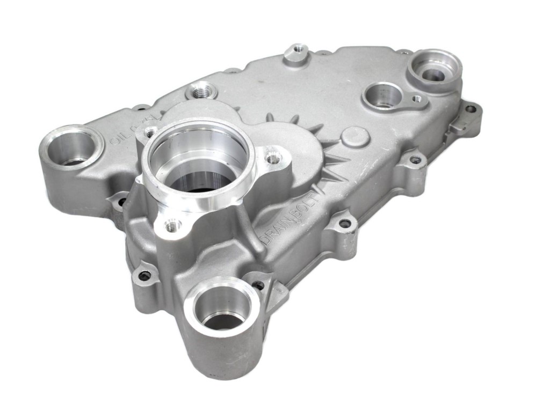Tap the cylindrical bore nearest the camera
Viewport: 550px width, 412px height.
(x=221, y=306)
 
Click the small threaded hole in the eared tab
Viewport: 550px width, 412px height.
(x=417, y=99)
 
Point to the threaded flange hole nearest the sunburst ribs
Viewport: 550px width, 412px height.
(x=274, y=158)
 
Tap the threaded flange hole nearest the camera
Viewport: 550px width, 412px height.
(x=172, y=226)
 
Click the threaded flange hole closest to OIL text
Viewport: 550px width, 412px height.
(x=151, y=130)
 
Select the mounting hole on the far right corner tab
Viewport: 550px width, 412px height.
(x=471, y=109)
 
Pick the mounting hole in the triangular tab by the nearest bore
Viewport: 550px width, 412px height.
(x=259, y=285)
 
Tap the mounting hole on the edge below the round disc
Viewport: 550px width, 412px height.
(x=415, y=159)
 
